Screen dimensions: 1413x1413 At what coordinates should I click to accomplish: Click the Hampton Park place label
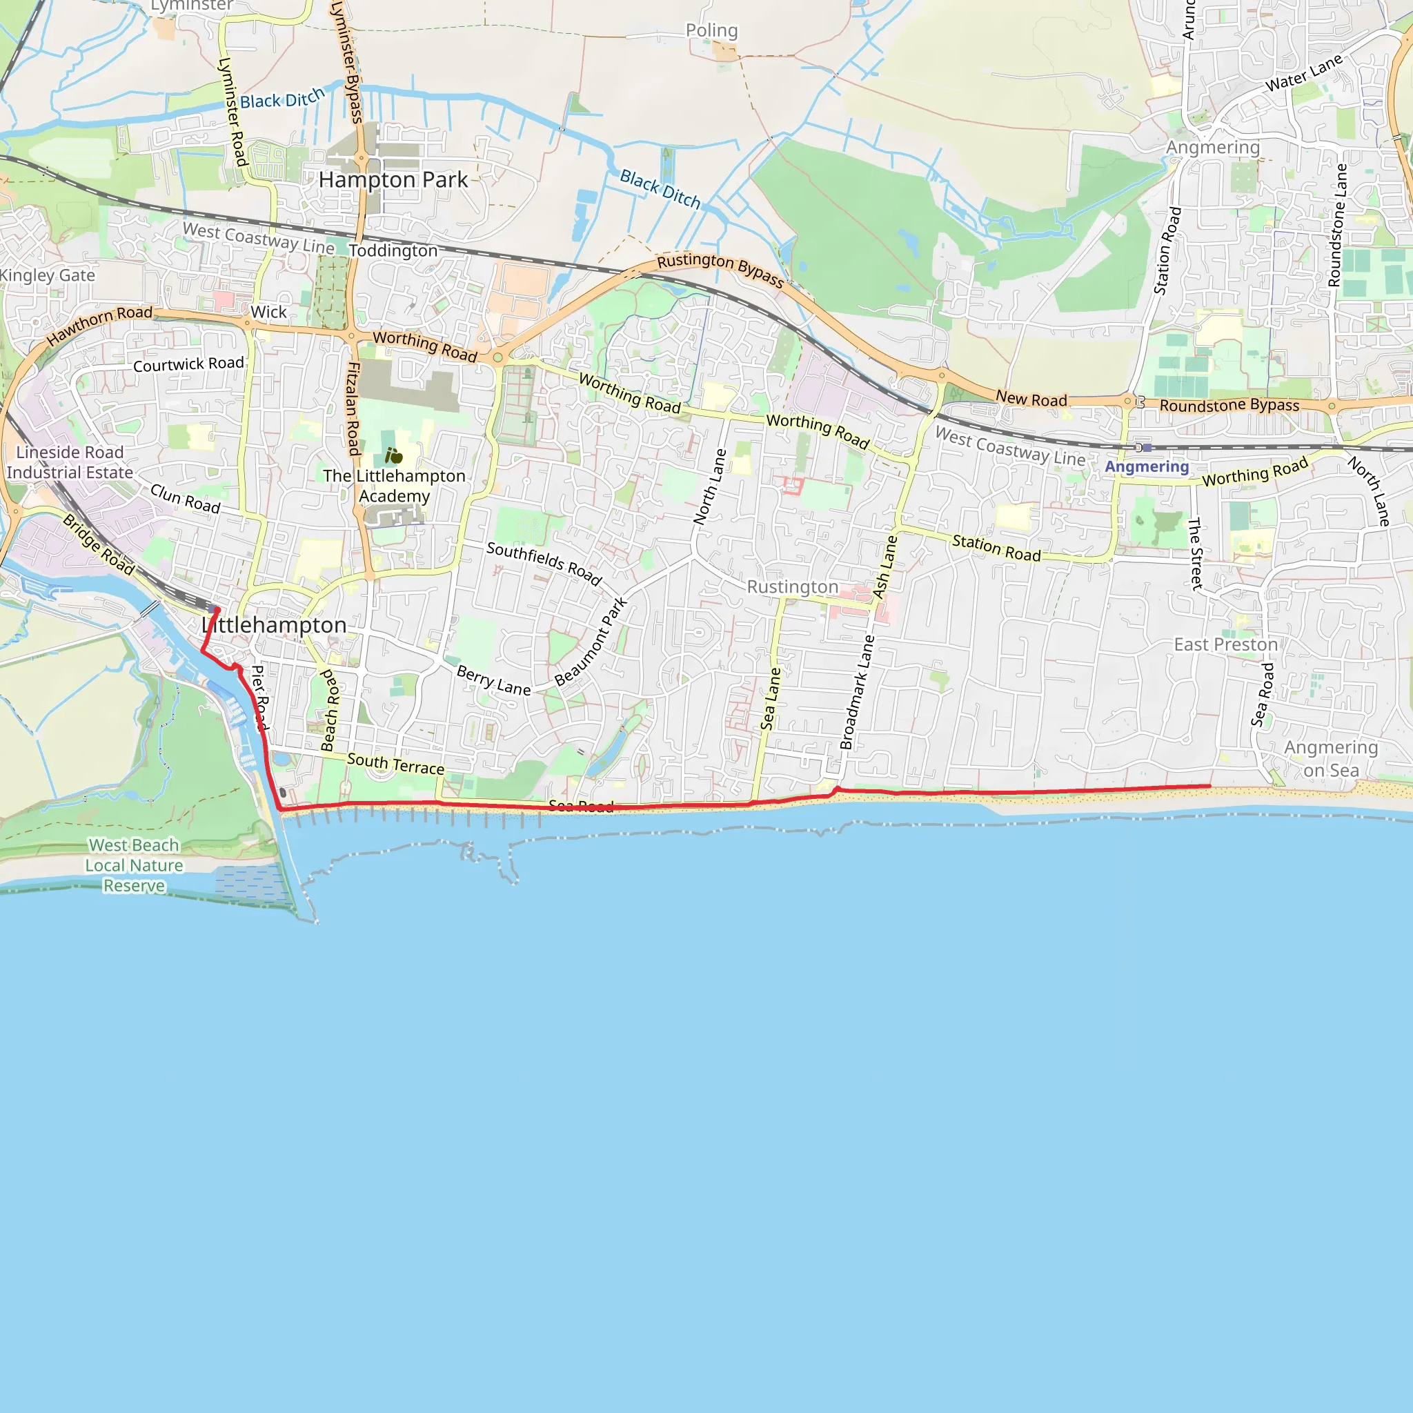393,180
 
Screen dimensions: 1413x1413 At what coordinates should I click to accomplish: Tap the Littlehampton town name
275,625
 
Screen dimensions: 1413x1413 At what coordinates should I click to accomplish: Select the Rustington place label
792,587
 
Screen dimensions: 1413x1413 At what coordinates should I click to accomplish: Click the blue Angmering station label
1147,466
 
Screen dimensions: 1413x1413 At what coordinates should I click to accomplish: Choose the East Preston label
1226,644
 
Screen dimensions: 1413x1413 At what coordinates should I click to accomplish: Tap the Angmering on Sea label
1331,758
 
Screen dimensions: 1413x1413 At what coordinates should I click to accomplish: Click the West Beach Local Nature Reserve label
134,865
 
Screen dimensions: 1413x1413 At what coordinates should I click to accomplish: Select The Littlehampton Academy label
394,486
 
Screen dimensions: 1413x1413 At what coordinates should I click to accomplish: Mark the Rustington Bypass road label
720,270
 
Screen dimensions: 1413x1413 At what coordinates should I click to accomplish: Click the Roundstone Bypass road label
1229,405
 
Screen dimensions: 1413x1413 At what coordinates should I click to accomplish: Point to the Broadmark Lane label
857,692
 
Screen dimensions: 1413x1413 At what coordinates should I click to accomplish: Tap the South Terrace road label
395,764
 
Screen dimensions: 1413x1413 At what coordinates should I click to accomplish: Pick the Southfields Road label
544,564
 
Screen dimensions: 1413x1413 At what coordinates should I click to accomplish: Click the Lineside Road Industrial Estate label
70,462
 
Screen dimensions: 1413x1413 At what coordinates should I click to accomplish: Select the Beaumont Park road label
591,642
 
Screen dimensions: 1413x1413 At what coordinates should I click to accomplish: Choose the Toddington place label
393,251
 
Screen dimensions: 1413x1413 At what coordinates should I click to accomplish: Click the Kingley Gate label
48,276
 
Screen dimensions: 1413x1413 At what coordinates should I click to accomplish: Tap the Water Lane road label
1304,73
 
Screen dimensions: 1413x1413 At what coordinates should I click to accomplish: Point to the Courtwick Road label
188,364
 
